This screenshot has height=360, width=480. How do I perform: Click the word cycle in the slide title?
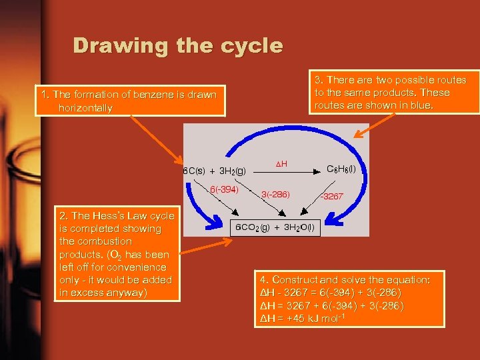[254, 46]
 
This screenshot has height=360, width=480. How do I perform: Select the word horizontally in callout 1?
[85, 107]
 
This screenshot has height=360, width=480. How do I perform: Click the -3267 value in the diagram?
[331, 196]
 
